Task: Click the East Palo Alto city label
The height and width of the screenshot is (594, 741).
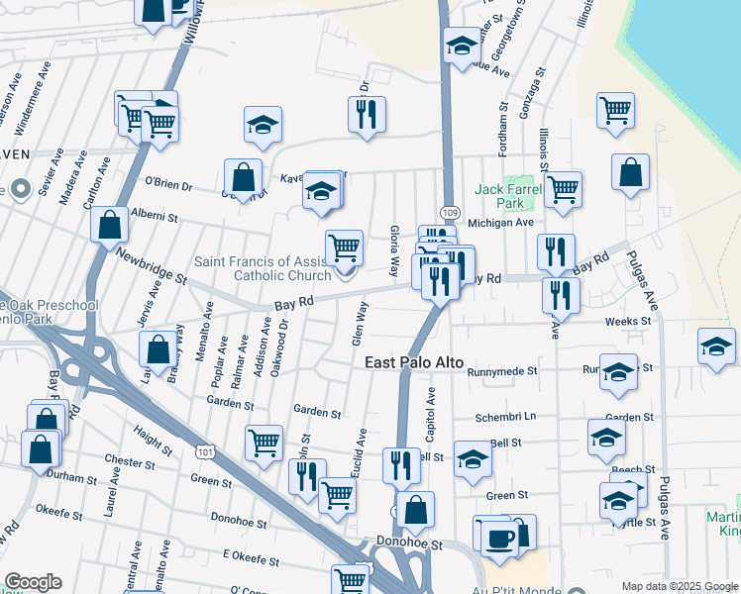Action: [x=415, y=363]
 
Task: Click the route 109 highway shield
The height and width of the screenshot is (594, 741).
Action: [x=450, y=212]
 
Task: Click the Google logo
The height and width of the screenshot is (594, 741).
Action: [x=33, y=582]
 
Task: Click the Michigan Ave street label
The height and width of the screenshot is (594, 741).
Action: [x=500, y=224]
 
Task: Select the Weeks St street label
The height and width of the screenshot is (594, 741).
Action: [x=627, y=321]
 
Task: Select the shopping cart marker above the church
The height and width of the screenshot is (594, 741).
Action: [x=344, y=247]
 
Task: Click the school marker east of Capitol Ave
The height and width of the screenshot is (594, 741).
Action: [x=474, y=458]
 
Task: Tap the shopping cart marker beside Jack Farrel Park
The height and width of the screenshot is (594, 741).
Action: [x=563, y=189]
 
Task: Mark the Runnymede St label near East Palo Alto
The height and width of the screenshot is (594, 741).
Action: [x=503, y=371]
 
